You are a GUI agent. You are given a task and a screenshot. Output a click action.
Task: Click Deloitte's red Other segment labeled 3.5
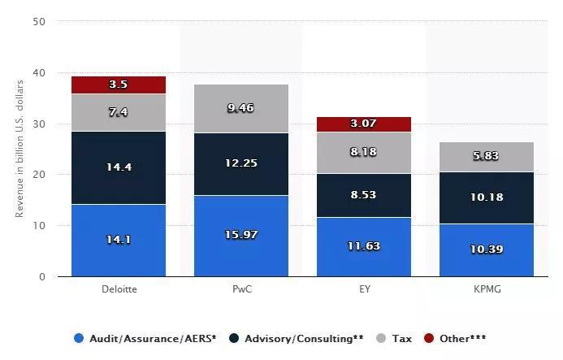click(119, 85)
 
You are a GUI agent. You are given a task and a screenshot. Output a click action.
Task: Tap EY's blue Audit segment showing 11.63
click(363, 246)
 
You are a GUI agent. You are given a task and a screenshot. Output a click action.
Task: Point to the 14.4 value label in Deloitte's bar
click(119, 167)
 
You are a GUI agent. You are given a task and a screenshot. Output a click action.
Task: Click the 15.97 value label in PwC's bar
click(241, 235)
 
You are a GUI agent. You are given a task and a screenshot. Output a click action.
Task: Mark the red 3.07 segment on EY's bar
click(363, 124)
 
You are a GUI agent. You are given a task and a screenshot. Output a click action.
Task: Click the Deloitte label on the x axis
click(119, 288)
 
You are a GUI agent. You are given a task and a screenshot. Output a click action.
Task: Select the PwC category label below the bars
click(241, 288)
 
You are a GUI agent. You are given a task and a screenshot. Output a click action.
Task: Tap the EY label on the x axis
click(363, 288)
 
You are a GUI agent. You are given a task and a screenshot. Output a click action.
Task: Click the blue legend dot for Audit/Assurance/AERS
click(78, 338)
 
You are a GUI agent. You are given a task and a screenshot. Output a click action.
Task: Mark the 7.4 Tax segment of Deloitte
click(119, 112)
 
